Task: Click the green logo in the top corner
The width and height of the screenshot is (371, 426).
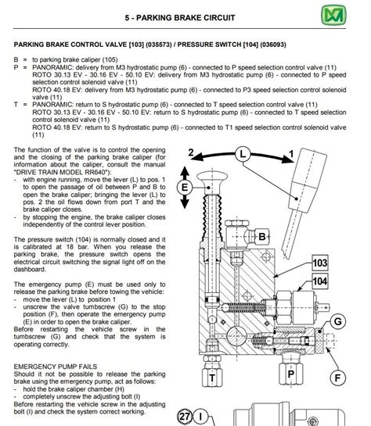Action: [x=333, y=15]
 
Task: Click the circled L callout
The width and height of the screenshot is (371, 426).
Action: [x=243, y=154]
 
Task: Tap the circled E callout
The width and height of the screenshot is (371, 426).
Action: [x=185, y=187]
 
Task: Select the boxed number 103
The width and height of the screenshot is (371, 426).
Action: [x=320, y=263]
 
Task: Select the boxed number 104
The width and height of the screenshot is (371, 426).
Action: [x=320, y=281]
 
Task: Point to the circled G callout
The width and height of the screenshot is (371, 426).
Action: [x=337, y=321]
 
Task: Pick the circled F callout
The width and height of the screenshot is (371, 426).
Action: [x=337, y=378]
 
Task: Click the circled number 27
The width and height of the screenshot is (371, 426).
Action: [x=185, y=416]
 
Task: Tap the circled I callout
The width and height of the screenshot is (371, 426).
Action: [x=200, y=416]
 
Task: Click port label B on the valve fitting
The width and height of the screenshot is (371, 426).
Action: [x=262, y=237]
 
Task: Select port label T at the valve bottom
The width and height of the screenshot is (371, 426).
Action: [x=212, y=378]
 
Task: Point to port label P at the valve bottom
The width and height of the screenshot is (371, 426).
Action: [x=290, y=374]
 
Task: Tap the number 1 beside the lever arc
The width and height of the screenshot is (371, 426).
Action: [x=291, y=154]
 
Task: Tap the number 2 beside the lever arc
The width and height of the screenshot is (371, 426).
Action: [x=191, y=152]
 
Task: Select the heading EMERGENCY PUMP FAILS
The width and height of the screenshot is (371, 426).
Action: [x=56, y=367]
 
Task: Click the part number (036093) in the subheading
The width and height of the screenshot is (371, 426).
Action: [x=273, y=45]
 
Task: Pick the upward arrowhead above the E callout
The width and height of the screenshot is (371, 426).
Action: [x=185, y=171]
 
